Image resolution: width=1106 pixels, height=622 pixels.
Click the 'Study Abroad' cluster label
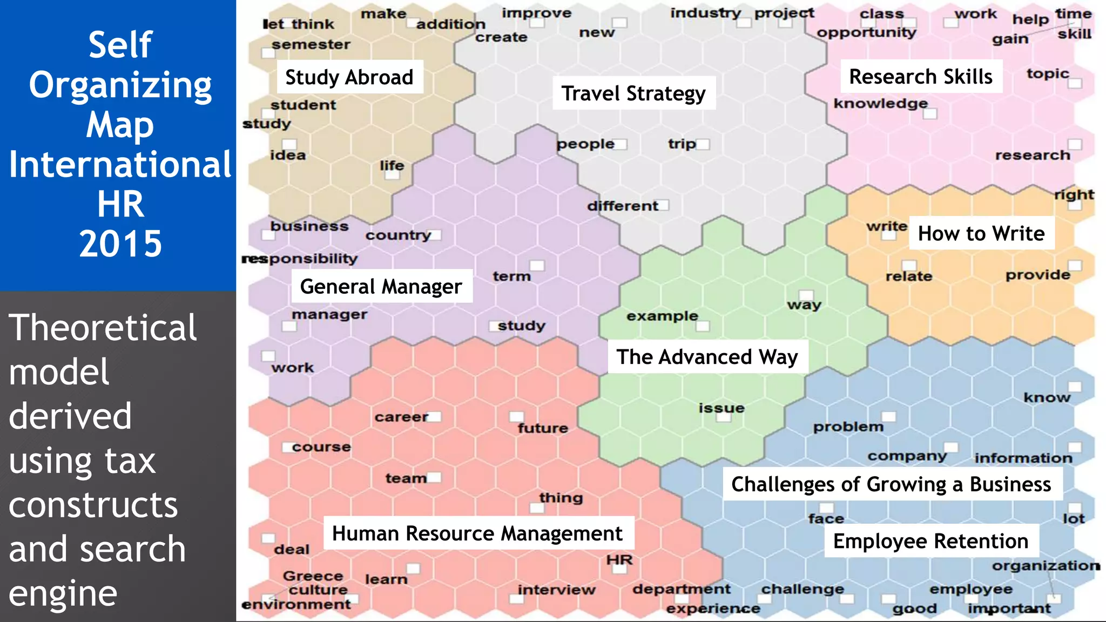coord(349,77)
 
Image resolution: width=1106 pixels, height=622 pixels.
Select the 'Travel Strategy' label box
coord(633,93)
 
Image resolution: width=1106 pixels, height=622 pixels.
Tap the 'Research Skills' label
coord(921,77)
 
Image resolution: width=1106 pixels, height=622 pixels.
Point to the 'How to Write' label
coord(981,233)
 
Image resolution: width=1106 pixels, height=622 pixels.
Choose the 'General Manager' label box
coord(381,286)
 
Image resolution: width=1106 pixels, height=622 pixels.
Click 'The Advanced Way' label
coord(707,357)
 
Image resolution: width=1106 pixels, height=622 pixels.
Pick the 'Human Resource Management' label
coord(477,533)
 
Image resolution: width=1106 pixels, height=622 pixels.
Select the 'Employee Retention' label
coord(931,541)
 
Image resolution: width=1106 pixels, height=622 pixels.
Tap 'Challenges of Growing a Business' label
coord(891,484)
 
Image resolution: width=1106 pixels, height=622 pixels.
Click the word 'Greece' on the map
coord(313,576)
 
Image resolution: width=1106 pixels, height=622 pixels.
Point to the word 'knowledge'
coord(881,103)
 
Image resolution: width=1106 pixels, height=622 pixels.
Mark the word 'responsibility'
coord(300,259)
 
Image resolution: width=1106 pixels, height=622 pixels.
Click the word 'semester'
coord(311,44)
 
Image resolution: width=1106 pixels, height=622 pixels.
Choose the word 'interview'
coord(556,590)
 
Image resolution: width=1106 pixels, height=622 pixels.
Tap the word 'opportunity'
coord(866,32)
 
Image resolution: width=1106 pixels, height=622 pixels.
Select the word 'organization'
coord(1046,565)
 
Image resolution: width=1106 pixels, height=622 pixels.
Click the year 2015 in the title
coord(120,244)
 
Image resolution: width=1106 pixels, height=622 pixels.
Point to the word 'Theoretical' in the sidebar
coord(103,327)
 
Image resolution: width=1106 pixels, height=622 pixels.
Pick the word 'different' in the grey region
coord(623,206)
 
